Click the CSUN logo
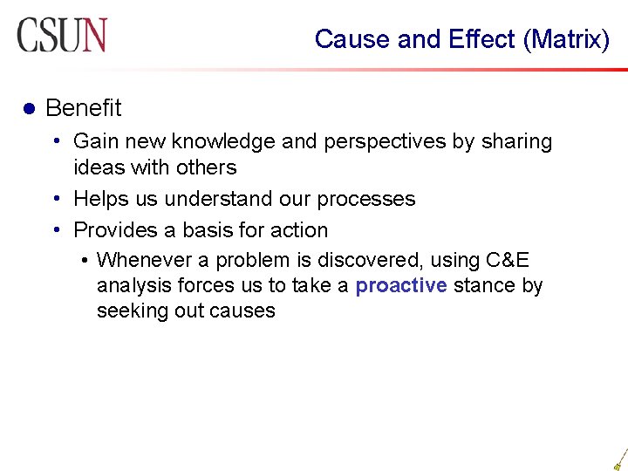click(x=61, y=35)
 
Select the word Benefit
click(x=83, y=108)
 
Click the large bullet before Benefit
click(x=27, y=109)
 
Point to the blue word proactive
click(x=401, y=285)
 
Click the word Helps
click(x=99, y=199)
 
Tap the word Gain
click(x=95, y=141)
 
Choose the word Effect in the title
click(x=482, y=39)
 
